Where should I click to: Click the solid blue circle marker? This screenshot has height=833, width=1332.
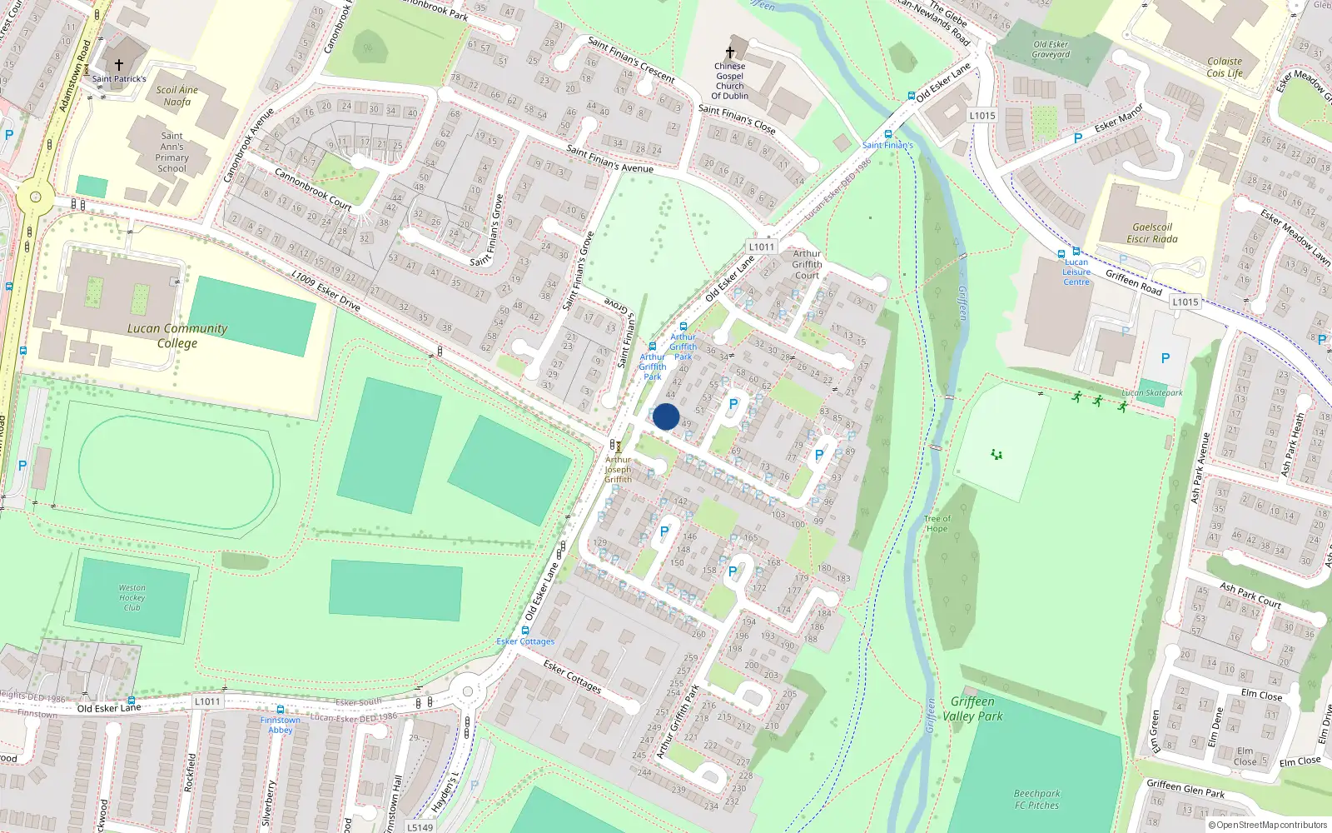(666, 416)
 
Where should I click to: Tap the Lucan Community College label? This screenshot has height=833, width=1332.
(176, 336)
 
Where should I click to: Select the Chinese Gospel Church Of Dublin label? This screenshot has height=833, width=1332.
(729, 81)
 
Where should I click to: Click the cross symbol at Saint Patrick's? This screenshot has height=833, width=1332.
(119, 65)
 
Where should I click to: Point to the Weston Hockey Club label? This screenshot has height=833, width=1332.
(132, 597)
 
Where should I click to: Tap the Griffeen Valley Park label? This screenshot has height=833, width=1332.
(972, 709)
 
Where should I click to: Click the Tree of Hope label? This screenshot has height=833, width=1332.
(937, 523)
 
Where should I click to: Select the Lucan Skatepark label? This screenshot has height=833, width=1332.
(1151, 392)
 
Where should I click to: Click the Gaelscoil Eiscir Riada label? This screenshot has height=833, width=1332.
(1152, 233)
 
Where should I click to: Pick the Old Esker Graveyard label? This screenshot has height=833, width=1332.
(1051, 49)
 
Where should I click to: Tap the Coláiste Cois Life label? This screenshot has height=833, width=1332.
(1225, 67)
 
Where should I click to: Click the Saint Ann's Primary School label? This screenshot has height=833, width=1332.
(171, 152)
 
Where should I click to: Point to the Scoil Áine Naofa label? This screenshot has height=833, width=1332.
(177, 96)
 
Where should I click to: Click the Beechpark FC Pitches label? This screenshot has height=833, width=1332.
(1036, 800)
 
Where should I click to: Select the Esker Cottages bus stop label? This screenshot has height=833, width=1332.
(525, 641)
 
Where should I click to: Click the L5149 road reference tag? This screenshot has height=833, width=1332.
(420, 827)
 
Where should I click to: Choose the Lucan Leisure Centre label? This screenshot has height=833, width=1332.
(1076, 272)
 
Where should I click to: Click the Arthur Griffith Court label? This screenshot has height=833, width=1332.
(807, 264)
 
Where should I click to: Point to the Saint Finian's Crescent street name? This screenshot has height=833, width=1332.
(631, 59)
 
